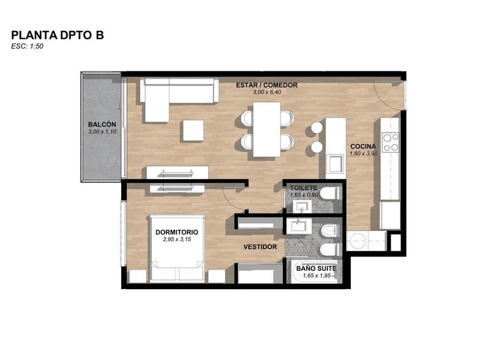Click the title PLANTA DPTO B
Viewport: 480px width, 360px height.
click(x=58, y=35)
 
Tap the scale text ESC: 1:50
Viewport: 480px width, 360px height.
click(x=27, y=46)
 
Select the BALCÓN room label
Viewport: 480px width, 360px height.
click(x=102, y=125)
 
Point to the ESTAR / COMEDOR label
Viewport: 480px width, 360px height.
click(x=267, y=85)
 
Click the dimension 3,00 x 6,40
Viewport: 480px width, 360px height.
click(x=267, y=92)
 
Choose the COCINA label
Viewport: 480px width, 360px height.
click(x=363, y=146)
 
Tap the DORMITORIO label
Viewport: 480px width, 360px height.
click(x=177, y=232)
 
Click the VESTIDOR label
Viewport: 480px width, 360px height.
click(x=260, y=247)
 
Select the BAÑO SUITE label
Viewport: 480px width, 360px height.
click(x=316, y=269)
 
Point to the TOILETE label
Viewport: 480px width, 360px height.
click(x=303, y=187)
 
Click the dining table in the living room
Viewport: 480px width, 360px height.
click(x=267, y=129)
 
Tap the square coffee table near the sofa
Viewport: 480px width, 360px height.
click(x=194, y=130)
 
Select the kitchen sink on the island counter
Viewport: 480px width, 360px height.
click(x=336, y=164)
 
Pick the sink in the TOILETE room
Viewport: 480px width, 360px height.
click(x=302, y=207)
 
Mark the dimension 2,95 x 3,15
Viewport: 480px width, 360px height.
click(x=177, y=239)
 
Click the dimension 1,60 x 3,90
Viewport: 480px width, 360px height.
click(x=363, y=153)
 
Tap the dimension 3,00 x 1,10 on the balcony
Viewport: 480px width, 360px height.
click(x=102, y=131)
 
